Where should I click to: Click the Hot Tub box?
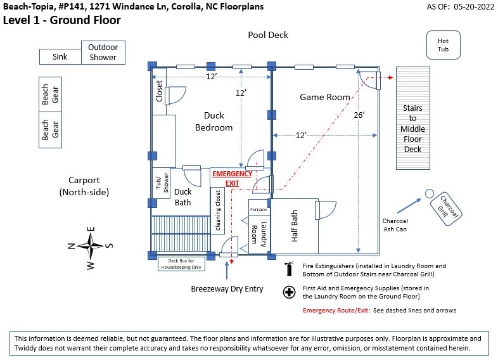pos(443,45)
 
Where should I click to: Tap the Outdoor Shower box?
pos(103,52)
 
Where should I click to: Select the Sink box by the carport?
pos(60,57)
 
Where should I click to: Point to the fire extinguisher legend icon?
pos(290,269)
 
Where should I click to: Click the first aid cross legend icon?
pos(290,292)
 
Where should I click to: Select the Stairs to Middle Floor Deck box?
pos(413,129)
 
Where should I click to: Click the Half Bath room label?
pos(295,226)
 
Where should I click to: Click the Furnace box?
pos(259,209)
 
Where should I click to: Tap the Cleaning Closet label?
pos(219,210)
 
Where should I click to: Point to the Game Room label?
pos(325,97)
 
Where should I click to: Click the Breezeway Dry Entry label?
pos(227,289)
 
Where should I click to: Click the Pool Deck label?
pos(268,35)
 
